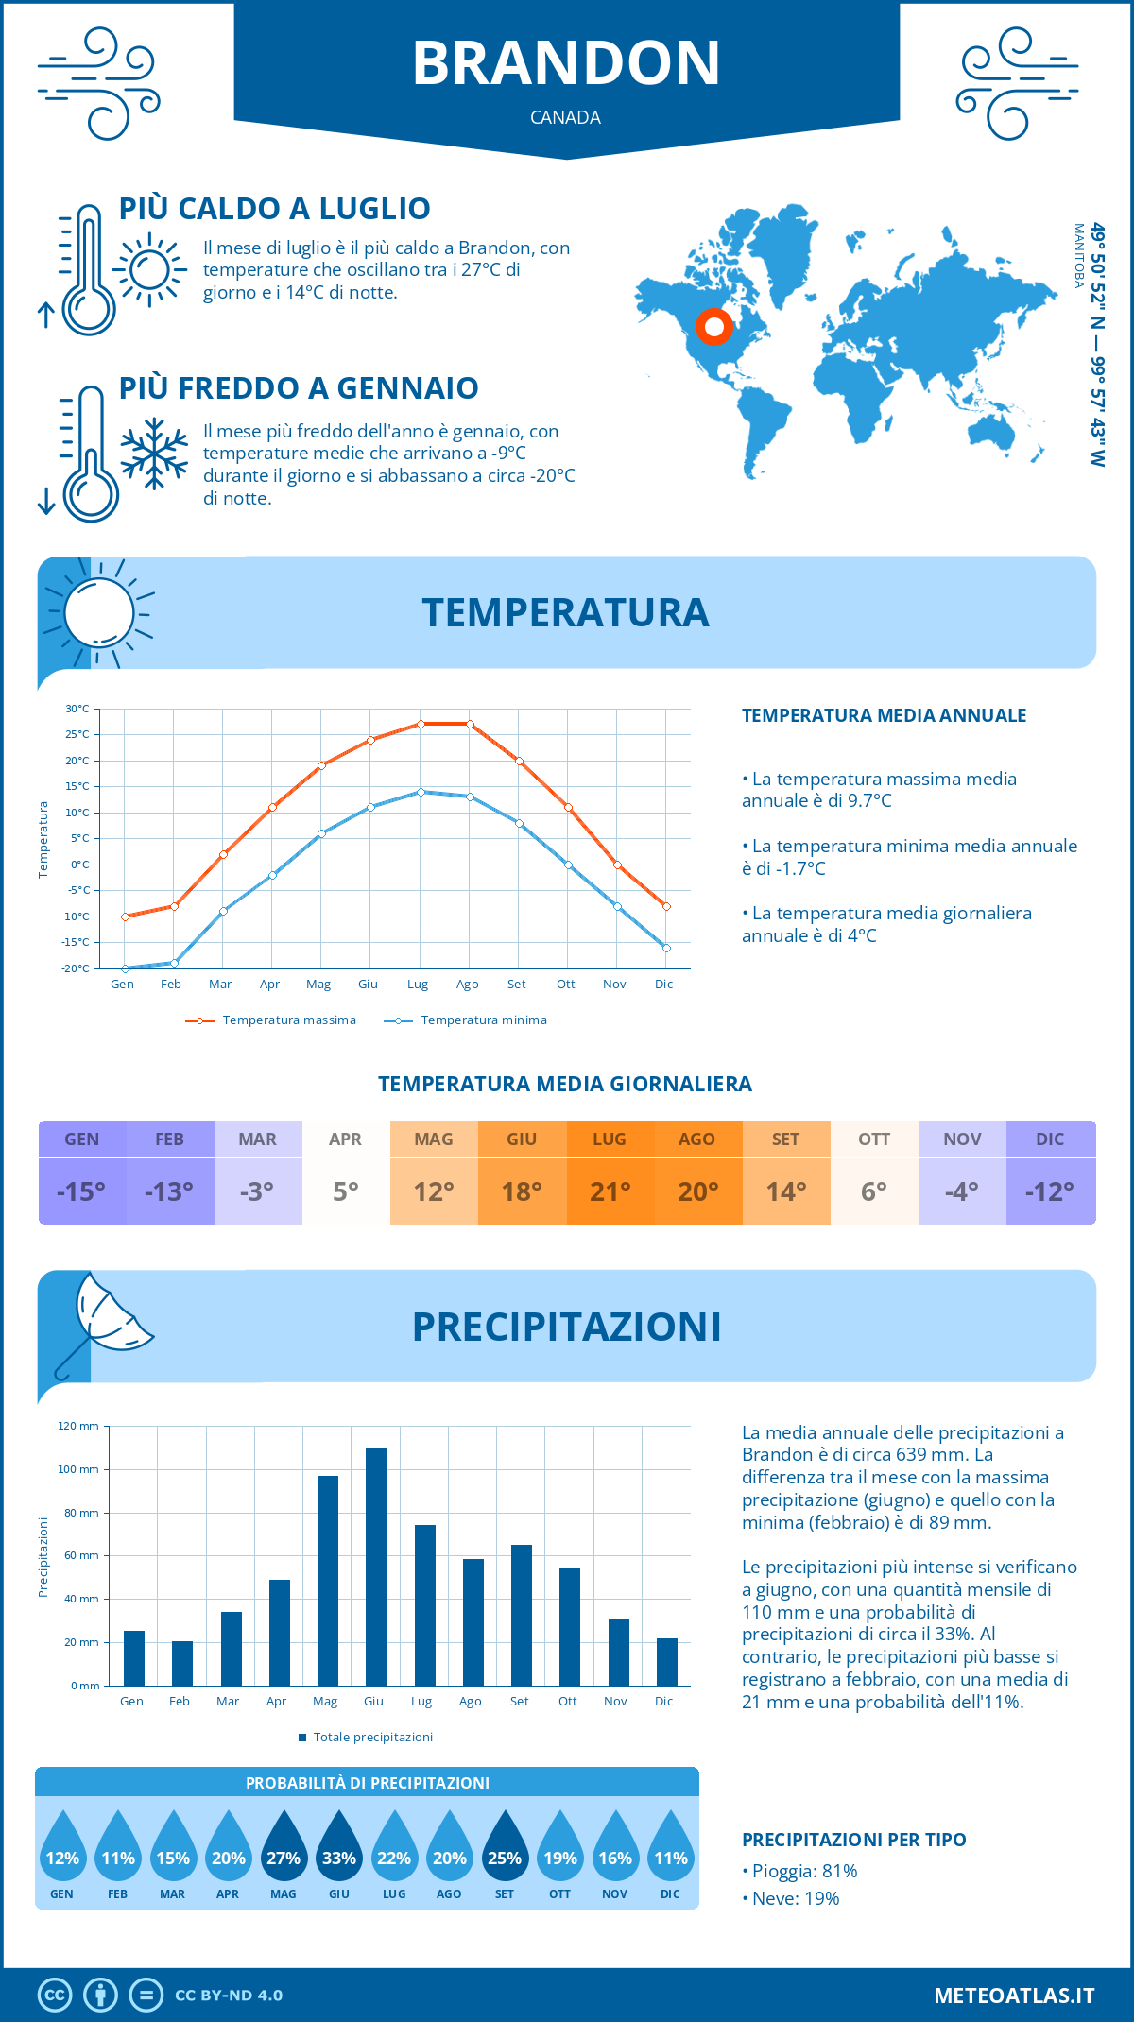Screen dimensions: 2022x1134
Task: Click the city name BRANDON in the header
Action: (x=566, y=63)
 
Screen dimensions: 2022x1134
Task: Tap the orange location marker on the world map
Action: (x=714, y=327)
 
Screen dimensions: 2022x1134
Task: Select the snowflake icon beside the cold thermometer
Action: (x=154, y=454)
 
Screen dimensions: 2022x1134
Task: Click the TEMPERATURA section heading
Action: (x=565, y=612)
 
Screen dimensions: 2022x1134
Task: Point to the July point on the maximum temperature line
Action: (x=421, y=724)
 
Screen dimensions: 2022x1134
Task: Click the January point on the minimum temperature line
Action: (x=125, y=968)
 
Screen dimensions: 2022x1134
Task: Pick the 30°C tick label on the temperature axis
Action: (x=77, y=709)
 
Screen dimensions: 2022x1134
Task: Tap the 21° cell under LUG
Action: (x=610, y=1191)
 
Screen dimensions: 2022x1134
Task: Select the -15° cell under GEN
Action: (x=81, y=1191)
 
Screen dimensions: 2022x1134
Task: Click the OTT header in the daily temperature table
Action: (x=874, y=1140)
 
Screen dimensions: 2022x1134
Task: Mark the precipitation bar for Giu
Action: (x=376, y=1567)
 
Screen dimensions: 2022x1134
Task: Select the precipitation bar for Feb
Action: (x=182, y=1663)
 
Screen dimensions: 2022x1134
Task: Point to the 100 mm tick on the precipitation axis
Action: (x=78, y=1469)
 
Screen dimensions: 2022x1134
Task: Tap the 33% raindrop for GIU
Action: (x=338, y=1849)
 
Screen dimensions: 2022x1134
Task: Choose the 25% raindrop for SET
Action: (x=505, y=1849)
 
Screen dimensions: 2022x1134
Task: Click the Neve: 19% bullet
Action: (x=795, y=1898)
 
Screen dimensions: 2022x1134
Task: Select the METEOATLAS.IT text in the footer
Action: (x=1014, y=1996)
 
